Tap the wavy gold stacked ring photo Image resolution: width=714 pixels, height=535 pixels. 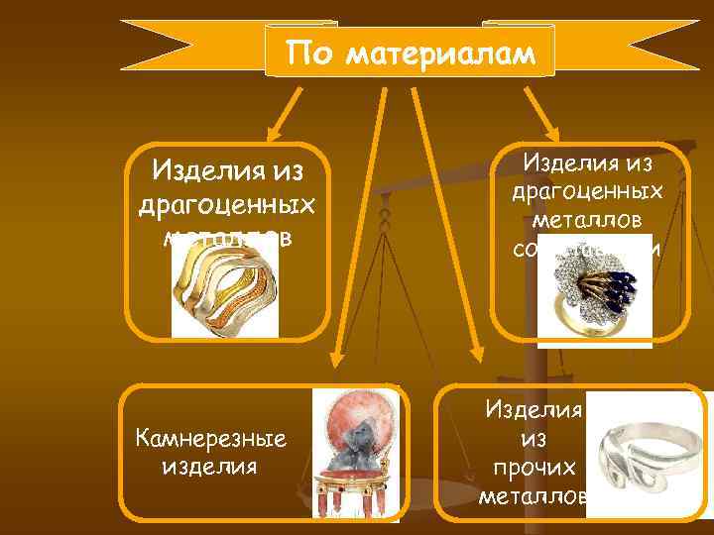(x=225, y=287)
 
